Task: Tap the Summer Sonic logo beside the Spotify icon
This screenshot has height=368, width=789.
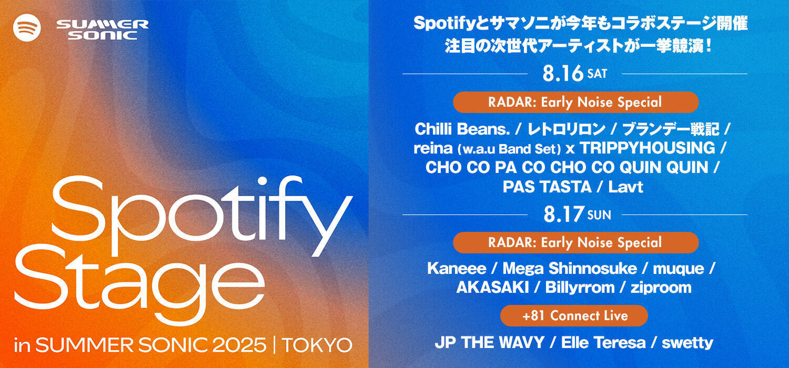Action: click(x=102, y=30)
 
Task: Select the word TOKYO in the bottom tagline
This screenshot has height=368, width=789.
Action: click(x=317, y=345)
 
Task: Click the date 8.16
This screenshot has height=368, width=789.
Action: click(x=563, y=74)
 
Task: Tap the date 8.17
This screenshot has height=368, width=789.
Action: click(x=563, y=214)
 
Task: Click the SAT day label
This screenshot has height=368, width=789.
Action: click(x=597, y=74)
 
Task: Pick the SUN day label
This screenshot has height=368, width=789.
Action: click(x=599, y=215)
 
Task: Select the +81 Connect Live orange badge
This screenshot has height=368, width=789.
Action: click(x=574, y=315)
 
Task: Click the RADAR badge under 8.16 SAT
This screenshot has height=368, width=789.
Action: click(x=575, y=102)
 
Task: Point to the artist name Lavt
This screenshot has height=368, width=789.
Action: click(x=625, y=187)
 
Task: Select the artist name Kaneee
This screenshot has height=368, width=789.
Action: click(x=456, y=269)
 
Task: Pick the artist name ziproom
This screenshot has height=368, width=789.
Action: click(x=662, y=288)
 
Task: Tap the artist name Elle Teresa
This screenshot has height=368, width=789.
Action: click(x=603, y=343)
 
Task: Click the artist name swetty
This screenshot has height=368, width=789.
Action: click(x=687, y=343)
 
